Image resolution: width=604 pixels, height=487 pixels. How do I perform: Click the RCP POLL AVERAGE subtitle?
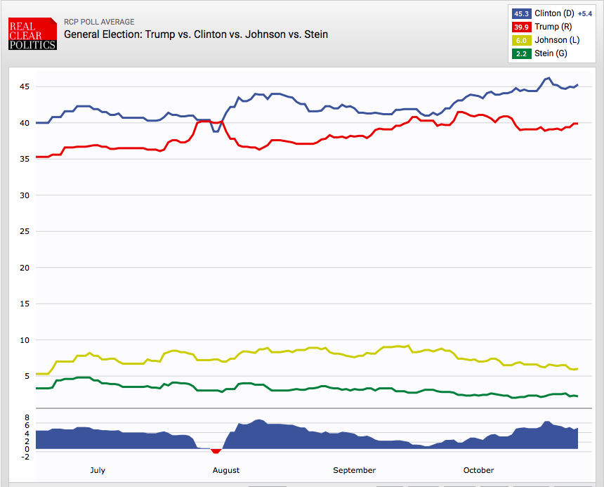(x=99, y=22)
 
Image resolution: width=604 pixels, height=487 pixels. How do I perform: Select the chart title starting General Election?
(x=196, y=34)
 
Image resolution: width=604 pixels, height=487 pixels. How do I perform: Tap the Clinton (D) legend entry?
(x=554, y=13)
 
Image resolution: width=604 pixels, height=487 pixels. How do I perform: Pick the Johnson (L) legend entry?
(x=556, y=40)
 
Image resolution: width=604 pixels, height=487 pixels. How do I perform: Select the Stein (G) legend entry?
(x=551, y=53)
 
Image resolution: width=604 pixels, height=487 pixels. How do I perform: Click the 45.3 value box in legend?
(x=521, y=13)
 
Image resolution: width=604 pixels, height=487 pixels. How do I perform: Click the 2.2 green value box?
(x=521, y=53)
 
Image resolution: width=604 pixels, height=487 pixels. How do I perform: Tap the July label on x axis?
(x=98, y=470)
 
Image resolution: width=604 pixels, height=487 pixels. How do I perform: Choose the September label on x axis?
(x=354, y=470)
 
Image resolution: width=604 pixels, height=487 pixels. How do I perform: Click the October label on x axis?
(x=478, y=470)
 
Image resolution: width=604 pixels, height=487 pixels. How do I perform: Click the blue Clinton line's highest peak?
(x=548, y=78)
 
